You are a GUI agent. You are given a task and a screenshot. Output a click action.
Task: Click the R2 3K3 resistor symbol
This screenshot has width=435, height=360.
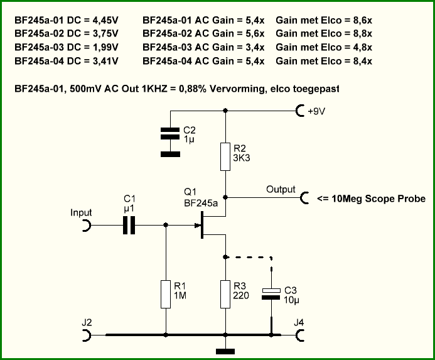click(225, 156)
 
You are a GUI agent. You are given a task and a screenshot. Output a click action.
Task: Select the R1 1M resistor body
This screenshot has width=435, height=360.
click(166, 294)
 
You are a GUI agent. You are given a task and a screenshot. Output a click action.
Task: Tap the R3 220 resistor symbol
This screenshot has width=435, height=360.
click(225, 294)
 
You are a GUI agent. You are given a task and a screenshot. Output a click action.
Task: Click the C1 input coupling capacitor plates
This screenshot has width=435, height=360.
click(129, 226)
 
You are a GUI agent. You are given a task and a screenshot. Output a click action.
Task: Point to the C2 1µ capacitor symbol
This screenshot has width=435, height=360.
click(170, 133)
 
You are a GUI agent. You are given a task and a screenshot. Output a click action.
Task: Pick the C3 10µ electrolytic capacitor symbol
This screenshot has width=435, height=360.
click(271, 294)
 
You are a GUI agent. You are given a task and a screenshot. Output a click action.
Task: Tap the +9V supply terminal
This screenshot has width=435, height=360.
click(300, 111)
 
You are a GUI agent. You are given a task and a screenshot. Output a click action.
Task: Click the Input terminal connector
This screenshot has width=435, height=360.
click(87, 226)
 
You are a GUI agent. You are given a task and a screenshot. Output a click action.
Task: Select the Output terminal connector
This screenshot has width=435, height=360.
click(304, 198)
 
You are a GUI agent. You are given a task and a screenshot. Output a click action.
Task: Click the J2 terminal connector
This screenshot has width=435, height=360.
click(87, 335)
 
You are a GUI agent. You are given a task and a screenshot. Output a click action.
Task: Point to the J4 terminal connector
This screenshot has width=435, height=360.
click(299, 335)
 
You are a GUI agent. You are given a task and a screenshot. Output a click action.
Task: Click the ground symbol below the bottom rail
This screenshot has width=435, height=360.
click(225, 352)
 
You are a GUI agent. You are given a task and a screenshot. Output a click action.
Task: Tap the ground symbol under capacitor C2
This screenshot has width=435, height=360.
click(170, 154)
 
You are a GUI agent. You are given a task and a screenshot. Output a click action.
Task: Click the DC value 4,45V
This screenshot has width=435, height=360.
click(105, 20)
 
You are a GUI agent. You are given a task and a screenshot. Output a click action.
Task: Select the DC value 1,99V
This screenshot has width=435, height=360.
click(105, 47)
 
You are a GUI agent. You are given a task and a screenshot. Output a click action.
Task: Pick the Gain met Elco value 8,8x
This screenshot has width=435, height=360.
click(363, 33)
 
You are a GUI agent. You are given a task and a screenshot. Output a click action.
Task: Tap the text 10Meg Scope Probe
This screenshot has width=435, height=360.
click(379, 199)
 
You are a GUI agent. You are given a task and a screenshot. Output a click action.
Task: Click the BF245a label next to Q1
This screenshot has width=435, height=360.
click(201, 204)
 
